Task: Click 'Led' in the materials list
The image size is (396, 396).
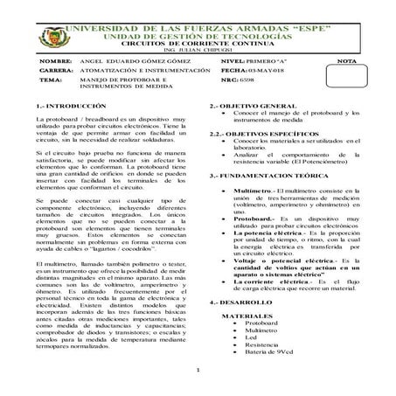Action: point(252,361)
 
